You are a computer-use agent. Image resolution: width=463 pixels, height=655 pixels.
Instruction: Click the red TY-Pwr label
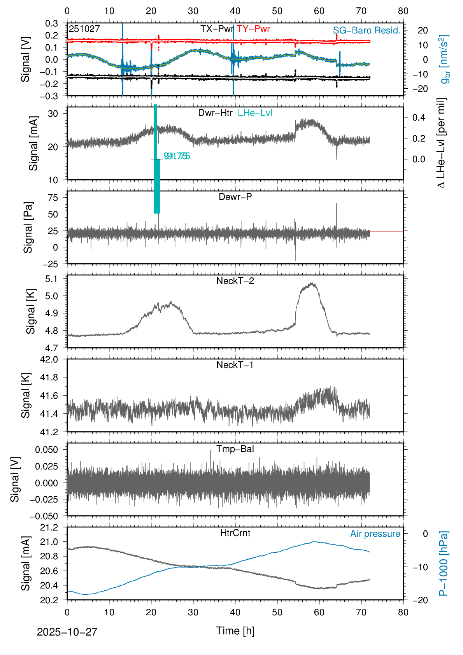pos(253,29)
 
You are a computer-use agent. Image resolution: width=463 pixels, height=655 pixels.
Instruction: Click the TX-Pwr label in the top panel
pos(217,29)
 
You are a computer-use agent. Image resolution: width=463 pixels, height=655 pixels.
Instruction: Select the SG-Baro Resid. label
pos(367,30)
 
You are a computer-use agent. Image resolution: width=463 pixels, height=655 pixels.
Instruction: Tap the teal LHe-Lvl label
pos(255,113)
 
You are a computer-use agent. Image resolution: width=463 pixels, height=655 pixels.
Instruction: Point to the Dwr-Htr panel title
pos(215,113)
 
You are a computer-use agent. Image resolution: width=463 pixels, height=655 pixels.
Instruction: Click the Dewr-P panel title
pos(235,197)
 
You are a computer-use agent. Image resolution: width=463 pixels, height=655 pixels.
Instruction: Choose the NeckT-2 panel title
pos(235,281)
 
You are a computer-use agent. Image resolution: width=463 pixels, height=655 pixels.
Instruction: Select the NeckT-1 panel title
pos(235,365)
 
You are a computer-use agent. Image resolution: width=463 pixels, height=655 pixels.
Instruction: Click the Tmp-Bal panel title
pos(235,449)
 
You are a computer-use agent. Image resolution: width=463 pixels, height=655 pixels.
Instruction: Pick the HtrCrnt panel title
pos(235,533)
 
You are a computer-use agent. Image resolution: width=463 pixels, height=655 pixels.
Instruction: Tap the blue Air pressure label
pos(375,534)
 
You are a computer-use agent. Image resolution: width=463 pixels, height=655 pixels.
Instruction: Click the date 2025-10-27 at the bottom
pos(67,632)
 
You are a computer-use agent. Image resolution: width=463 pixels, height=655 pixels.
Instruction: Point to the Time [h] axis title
pos(235,630)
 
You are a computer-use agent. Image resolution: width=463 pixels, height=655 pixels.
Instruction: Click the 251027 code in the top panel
pos(84,29)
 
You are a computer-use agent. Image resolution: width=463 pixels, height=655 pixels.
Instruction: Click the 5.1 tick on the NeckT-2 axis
pos(51,279)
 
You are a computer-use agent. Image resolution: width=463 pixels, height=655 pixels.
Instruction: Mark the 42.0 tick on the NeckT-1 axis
pos(49,359)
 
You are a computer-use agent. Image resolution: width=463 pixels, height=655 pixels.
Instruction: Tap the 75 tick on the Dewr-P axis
pos(53,198)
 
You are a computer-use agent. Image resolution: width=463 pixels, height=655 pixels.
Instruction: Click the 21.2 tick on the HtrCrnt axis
pos(49,527)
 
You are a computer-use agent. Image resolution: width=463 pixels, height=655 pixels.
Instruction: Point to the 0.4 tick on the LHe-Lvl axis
pos(419,117)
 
